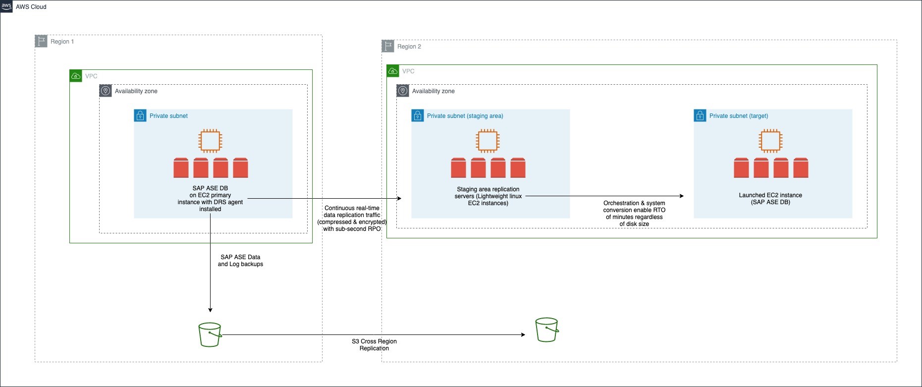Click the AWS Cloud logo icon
pos(6,6)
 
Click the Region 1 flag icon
pos(41,41)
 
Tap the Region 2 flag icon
pos(388,46)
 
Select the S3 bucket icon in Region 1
pos(210,334)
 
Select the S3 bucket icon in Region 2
pos(546,330)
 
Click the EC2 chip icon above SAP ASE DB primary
pos(210,141)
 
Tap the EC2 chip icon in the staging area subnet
pos(488,141)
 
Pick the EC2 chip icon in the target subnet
pos(770,141)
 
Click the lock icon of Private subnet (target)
pos(700,115)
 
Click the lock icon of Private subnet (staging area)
pos(418,115)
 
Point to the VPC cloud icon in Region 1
pos(76,76)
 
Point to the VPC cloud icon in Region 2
pos(393,71)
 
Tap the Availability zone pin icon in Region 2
pos(403,91)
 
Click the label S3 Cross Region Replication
pos(374,344)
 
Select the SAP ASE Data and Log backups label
pos(240,261)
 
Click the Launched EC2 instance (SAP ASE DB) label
pos(770,199)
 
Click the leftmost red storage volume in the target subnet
pos(741,168)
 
